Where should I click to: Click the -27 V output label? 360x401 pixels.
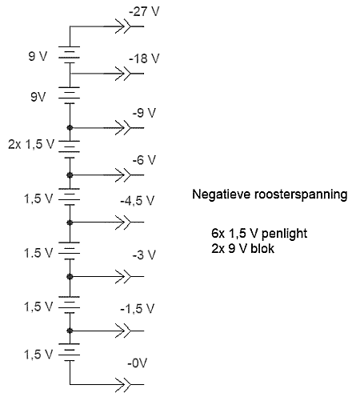coord(144,12)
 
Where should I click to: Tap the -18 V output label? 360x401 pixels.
coord(144,58)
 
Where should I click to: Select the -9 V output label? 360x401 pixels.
coord(144,113)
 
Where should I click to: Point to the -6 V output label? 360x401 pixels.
coord(144,160)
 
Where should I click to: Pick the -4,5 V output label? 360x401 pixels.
coord(138,201)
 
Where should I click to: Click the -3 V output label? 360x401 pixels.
coord(144,255)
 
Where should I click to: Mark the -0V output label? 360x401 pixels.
coord(138,363)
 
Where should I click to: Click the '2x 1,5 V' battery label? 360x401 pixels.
coord(31,144)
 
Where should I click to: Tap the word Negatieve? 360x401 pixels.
coord(222,194)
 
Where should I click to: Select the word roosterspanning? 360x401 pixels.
coord(301,194)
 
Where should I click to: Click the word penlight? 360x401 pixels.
coord(284,234)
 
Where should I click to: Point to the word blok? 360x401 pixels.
coord(262,248)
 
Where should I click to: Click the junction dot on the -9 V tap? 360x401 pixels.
coord(70,128)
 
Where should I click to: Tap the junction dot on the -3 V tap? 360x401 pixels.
coord(70,276)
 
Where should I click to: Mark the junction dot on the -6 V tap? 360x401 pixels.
coord(70,175)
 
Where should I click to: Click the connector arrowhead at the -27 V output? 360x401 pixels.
coord(123,26)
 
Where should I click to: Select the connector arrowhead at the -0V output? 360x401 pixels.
coord(123,384)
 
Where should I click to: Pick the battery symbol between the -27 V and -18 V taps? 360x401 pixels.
coord(69,55)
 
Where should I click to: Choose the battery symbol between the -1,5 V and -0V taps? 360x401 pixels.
coord(69,352)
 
